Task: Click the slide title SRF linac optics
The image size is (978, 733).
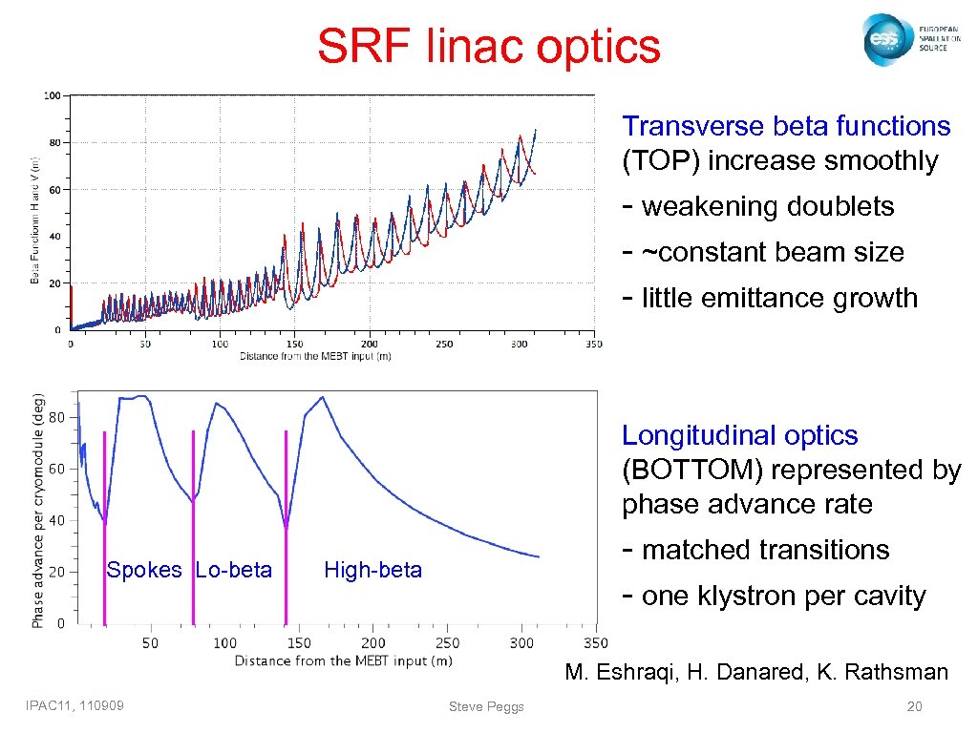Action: click(x=488, y=46)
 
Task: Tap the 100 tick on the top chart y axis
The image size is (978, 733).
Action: click(x=53, y=95)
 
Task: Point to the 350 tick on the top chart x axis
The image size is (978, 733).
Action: click(x=593, y=344)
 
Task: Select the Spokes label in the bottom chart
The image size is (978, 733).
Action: click(x=143, y=571)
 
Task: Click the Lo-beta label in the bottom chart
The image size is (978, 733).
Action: click(x=234, y=571)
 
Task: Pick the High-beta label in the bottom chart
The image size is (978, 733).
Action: click(x=372, y=571)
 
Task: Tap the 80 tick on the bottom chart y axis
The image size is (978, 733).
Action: click(x=56, y=417)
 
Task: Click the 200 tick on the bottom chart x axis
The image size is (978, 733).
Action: click(x=373, y=643)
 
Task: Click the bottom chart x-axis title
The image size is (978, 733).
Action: click(x=343, y=660)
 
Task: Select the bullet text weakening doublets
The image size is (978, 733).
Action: click(x=767, y=207)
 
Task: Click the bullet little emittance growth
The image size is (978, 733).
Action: click(x=778, y=299)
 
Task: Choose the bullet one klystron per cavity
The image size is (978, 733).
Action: click(x=783, y=597)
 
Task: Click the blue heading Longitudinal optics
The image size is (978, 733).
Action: click(x=740, y=436)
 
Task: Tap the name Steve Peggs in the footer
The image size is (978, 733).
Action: click(x=486, y=706)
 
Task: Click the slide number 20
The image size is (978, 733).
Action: click(x=915, y=706)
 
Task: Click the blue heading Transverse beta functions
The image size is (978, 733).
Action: click(x=786, y=127)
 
